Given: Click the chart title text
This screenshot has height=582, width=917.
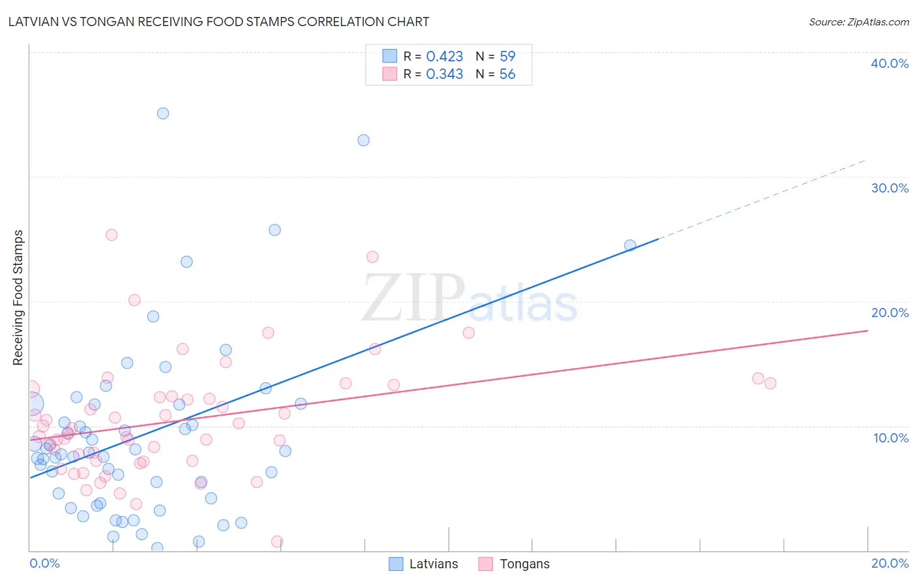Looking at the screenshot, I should [x=218, y=22].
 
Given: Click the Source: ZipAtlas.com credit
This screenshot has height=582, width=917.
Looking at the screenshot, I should [x=858, y=22].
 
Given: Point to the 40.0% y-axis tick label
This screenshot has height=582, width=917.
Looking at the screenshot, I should [x=890, y=63].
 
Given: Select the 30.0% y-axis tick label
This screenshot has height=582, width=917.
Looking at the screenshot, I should [x=890, y=188].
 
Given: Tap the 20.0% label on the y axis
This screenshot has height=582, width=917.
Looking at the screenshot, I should [x=890, y=313].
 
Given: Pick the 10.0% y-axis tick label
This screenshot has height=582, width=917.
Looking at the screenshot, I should [x=891, y=438].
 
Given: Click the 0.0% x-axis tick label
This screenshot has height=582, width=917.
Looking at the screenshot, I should [x=44, y=563].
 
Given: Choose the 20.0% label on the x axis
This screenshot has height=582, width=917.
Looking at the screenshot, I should [x=890, y=563].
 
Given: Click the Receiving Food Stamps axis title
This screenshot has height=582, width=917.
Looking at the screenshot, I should [x=18, y=298].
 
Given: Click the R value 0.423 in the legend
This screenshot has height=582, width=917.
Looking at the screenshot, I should [x=444, y=57].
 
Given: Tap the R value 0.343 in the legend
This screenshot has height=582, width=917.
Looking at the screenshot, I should [x=444, y=74].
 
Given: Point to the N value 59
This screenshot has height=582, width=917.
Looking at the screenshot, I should [x=507, y=57].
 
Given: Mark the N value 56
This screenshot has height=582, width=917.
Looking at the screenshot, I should [x=507, y=74].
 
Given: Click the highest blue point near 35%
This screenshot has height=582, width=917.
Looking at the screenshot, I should [x=163, y=114].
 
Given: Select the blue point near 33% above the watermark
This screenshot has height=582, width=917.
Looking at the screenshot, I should [x=364, y=140].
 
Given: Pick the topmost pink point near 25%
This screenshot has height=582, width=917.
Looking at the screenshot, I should [x=112, y=235].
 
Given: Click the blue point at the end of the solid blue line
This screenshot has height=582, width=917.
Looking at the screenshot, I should [x=630, y=245].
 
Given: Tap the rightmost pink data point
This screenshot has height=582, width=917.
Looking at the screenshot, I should [x=770, y=384].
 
